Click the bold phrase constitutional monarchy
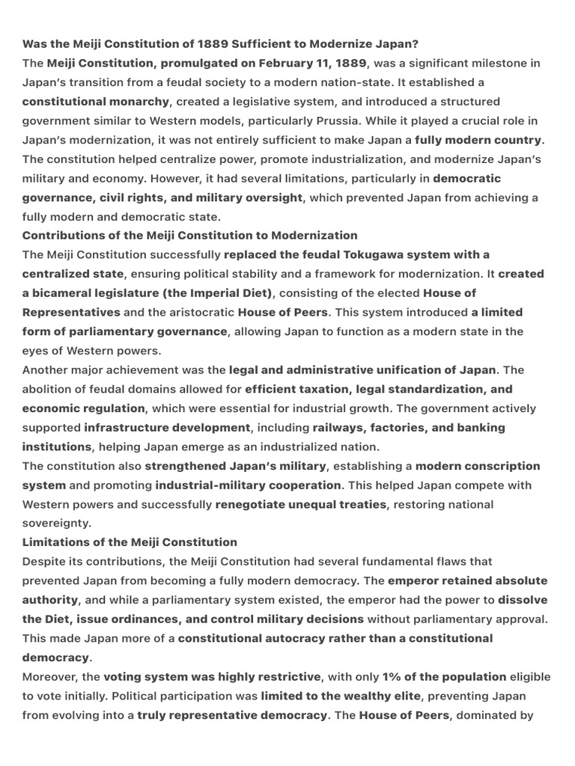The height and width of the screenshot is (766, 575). click(x=96, y=101)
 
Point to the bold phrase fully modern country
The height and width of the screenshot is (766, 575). click(x=478, y=140)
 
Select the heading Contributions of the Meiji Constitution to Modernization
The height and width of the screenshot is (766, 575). click(x=190, y=236)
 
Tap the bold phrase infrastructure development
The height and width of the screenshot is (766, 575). click(x=167, y=427)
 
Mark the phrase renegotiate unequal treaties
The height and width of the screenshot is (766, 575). click(x=301, y=504)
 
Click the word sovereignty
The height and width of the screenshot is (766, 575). click(x=56, y=523)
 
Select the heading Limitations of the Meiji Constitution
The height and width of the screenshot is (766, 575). click(x=130, y=542)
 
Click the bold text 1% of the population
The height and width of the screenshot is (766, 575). click(x=444, y=676)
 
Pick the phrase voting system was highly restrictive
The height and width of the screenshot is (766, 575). click(x=212, y=676)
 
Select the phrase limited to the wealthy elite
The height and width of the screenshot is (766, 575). click(x=347, y=696)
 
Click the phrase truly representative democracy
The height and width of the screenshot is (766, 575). click(x=232, y=715)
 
